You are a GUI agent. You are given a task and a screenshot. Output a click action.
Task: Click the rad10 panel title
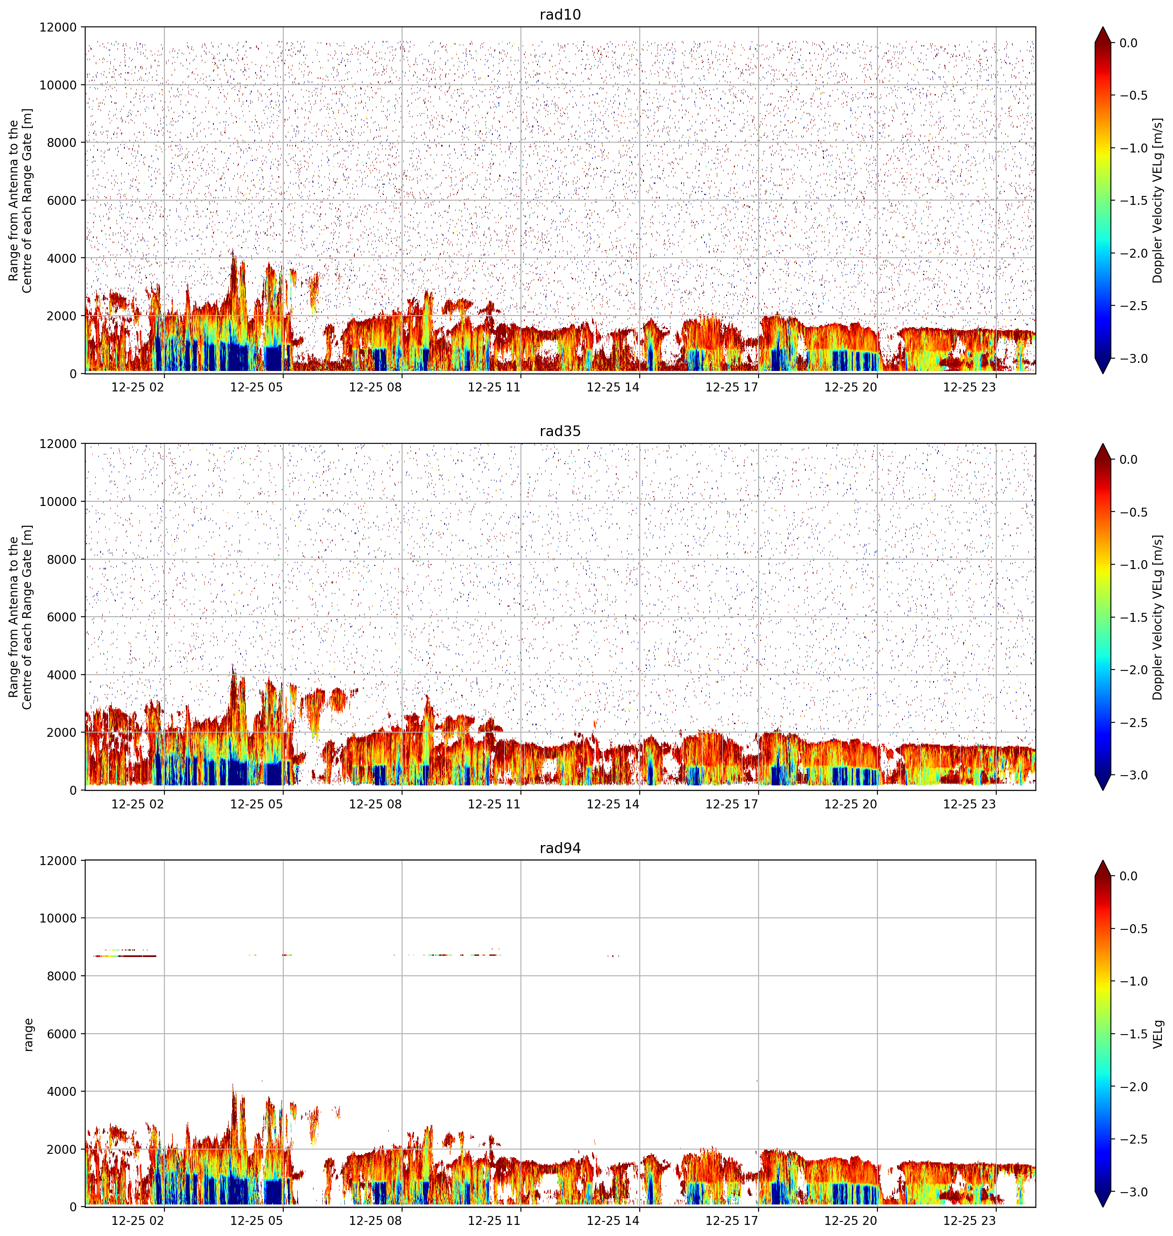[560, 14]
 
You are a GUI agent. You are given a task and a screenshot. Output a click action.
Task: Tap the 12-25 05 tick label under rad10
[256, 387]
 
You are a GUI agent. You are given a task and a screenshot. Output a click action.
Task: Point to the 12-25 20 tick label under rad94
[851, 1220]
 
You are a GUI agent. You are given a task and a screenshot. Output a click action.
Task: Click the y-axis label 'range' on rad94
[28, 1034]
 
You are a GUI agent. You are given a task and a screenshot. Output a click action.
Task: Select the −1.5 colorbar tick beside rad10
[1133, 201]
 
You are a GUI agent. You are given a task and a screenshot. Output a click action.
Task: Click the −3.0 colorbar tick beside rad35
[1133, 775]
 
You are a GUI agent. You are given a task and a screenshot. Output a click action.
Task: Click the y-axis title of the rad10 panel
[20, 201]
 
